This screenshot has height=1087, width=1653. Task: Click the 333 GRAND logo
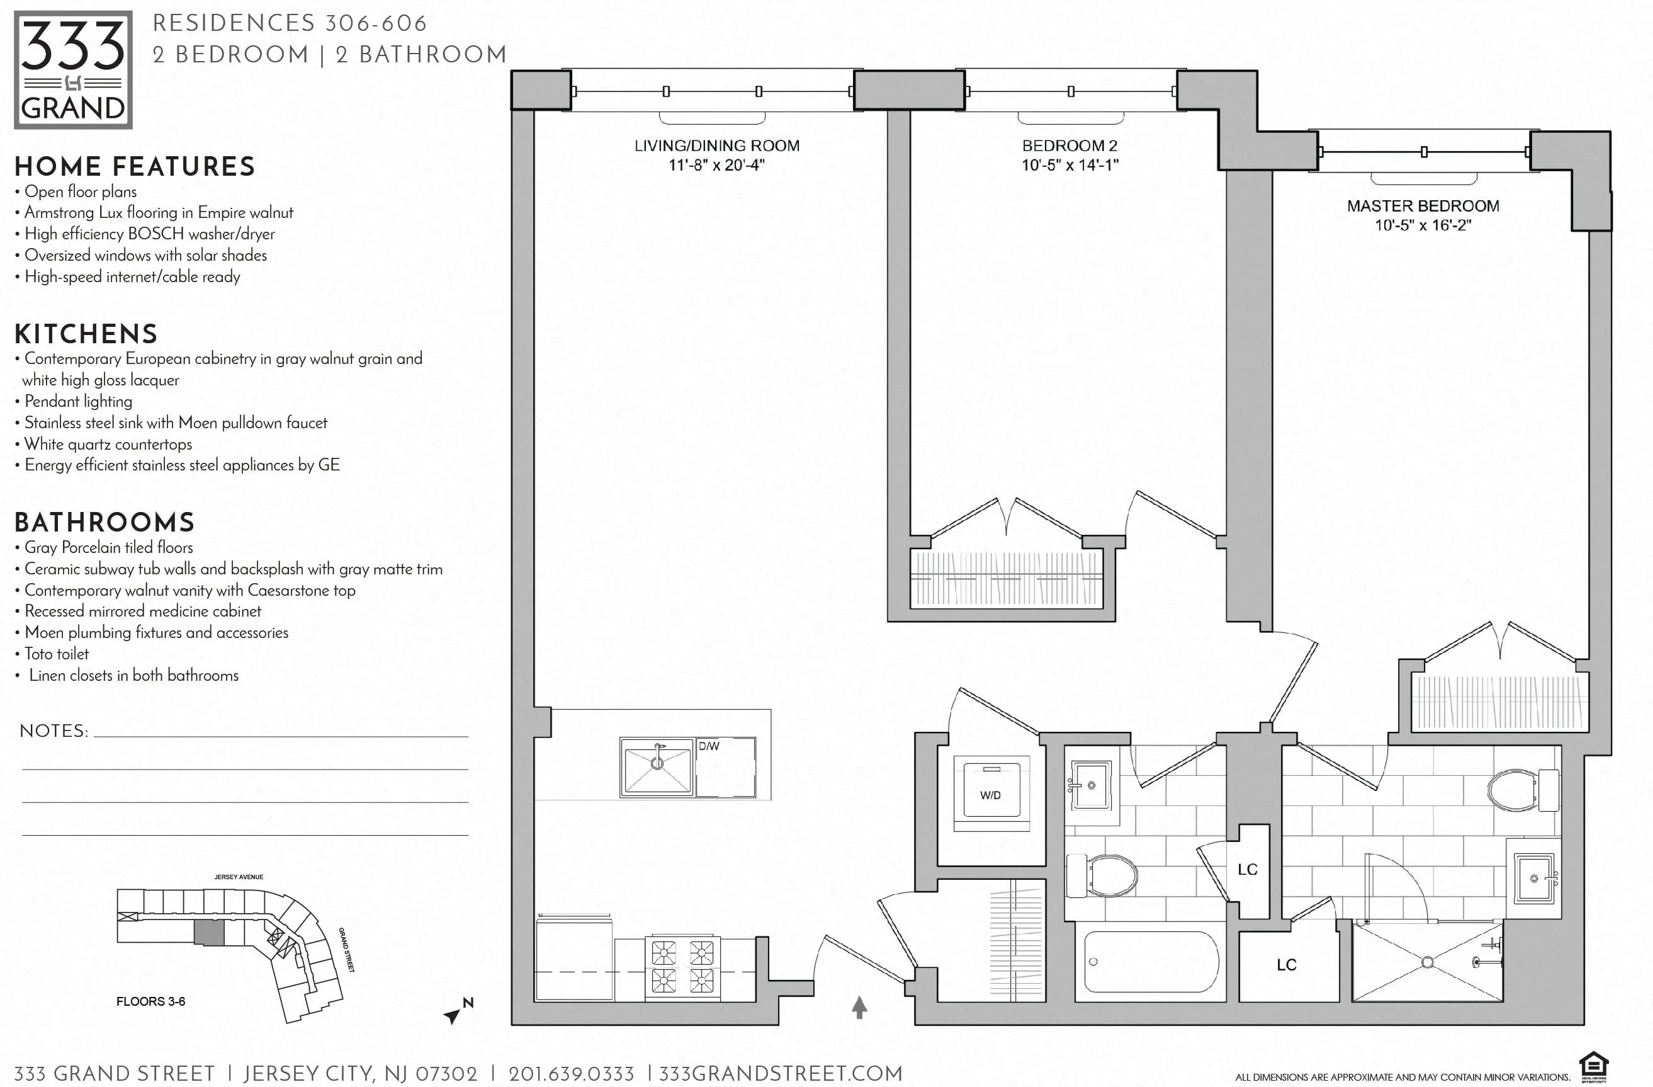click(x=73, y=69)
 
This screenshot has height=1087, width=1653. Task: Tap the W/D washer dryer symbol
click(x=990, y=794)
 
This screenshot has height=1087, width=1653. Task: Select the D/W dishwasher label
click(x=708, y=746)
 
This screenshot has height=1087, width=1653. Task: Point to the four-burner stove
click(x=683, y=966)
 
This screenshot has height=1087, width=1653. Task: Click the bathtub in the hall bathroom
click(x=1151, y=962)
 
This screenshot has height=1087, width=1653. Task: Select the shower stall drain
click(x=1427, y=962)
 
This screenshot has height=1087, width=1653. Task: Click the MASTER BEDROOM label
click(x=1423, y=206)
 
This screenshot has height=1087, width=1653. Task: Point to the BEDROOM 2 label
click(x=1069, y=145)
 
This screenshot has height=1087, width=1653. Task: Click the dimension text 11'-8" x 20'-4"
click(x=716, y=166)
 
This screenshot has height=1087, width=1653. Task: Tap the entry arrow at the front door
click(x=859, y=1007)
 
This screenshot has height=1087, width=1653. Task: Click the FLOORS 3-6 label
click(x=150, y=1001)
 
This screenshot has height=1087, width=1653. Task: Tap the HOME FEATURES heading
click(x=135, y=167)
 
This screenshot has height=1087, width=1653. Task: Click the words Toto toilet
click(x=57, y=654)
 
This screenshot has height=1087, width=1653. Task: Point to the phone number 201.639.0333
click(x=571, y=1074)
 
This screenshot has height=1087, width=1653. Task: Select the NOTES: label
click(x=54, y=731)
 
